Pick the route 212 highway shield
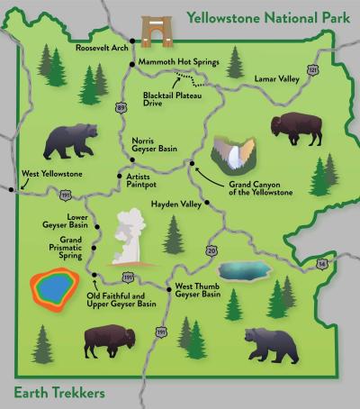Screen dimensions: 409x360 312,68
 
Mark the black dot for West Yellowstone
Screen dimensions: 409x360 12,189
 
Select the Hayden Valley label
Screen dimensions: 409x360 175,204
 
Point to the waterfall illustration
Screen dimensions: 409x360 236,155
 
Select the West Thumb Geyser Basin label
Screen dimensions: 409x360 198,290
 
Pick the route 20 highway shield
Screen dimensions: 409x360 211,250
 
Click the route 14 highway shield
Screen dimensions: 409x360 322,263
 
